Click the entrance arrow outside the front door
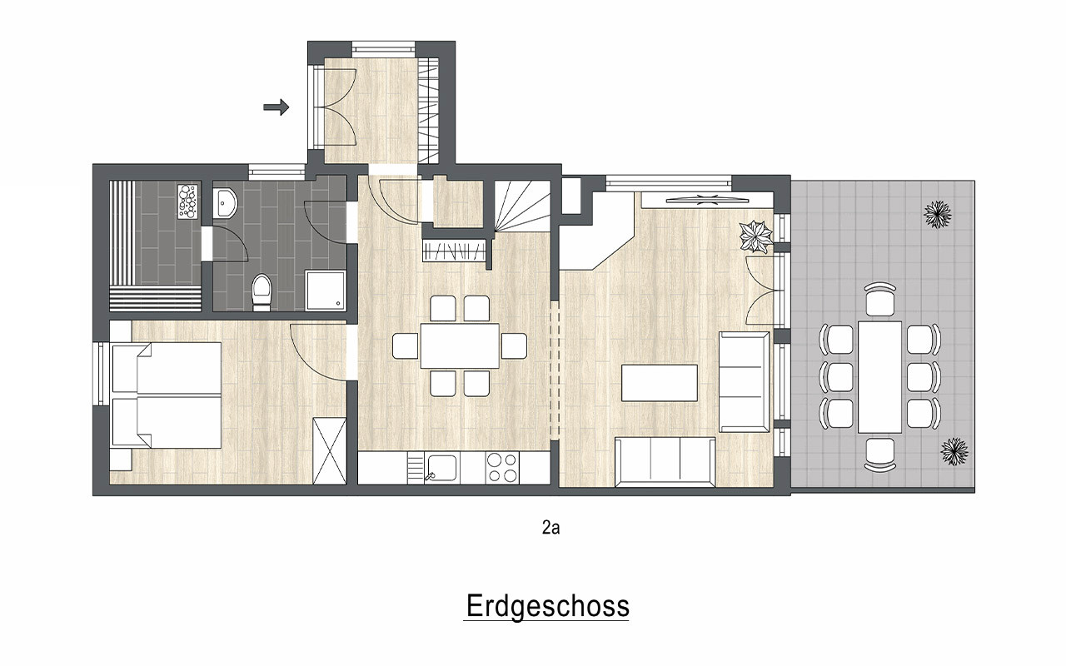(276, 107)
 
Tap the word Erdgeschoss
(548, 605)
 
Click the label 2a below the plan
(551, 528)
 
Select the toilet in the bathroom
(262, 291)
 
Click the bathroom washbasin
(224, 203)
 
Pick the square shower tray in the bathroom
(326, 291)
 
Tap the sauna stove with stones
(187, 201)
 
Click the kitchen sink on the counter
(441, 468)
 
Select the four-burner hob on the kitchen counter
(502, 468)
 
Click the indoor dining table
(460, 345)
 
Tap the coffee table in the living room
(660, 383)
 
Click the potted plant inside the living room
(755, 236)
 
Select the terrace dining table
(880, 377)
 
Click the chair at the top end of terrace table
(880, 299)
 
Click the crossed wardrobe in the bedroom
(329, 451)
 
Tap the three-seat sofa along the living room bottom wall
(665, 462)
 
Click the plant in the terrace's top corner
(938, 215)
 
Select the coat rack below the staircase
(454, 251)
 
